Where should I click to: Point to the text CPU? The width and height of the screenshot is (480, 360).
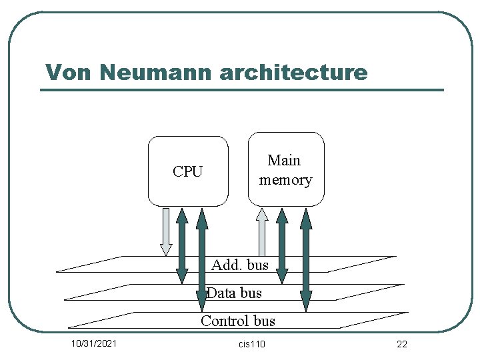point(187,172)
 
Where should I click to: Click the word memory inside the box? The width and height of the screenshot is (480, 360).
point(285,180)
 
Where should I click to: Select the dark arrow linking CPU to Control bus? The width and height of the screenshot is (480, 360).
point(201,260)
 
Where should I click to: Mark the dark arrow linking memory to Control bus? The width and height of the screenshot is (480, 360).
point(306,260)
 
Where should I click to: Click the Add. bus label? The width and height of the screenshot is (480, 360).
point(239,265)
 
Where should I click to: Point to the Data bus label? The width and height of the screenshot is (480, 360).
point(234,293)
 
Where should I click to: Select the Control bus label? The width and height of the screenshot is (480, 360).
point(238,321)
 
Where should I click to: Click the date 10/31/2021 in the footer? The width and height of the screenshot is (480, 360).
point(95,344)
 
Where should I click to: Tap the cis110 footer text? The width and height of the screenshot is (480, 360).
point(251,344)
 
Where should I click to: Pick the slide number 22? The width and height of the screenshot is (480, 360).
point(401,344)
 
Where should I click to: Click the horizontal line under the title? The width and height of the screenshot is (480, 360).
point(242,90)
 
